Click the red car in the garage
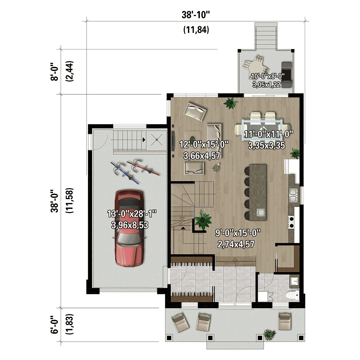pos(129,228)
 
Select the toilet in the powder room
pos(292,295)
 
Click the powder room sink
pos(294,281)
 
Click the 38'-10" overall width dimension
pos(195,15)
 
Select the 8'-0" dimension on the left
pos(54,71)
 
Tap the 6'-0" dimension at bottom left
pos(54,325)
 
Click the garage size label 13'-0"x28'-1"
pos(132,214)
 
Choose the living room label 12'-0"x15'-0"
pos(204,144)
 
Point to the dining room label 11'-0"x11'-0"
pos(268,134)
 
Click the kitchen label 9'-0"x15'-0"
pos(238,233)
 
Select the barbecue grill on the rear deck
pos(287,71)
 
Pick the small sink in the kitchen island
pos(260,212)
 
